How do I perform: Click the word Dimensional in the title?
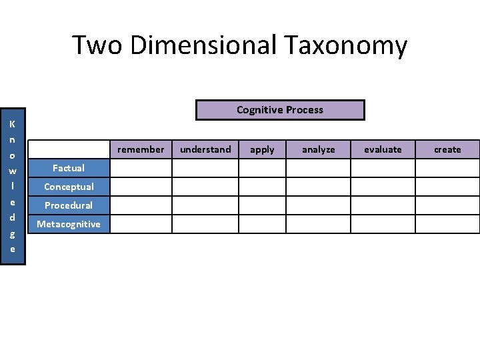pyautogui.click(x=203, y=45)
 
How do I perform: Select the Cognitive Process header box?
pyautogui.click(x=280, y=110)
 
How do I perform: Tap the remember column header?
pyautogui.click(x=141, y=149)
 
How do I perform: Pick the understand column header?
pyautogui.click(x=205, y=149)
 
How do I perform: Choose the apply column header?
pyautogui.click(x=262, y=149)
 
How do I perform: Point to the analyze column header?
pyautogui.click(x=318, y=149)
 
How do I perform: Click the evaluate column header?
pyautogui.click(x=383, y=149)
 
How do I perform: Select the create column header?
pyautogui.click(x=447, y=149)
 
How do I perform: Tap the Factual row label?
pyautogui.click(x=69, y=168)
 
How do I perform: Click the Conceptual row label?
pyautogui.click(x=69, y=187)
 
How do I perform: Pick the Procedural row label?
pyautogui.click(x=69, y=205)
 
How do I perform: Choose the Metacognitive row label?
pyautogui.click(x=69, y=224)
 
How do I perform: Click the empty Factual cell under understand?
pyautogui.click(x=205, y=168)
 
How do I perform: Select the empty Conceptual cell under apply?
pyautogui.click(x=262, y=187)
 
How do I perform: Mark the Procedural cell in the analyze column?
pyautogui.click(x=318, y=205)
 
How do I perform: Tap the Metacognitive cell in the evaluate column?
pyautogui.click(x=383, y=224)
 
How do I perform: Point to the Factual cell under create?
pyautogui.click(x=447, y=168)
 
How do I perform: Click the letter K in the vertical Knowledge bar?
pyautogui.click(x=12, y=124)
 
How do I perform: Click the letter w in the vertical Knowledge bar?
pyautogui.click(x=12, y=171)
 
